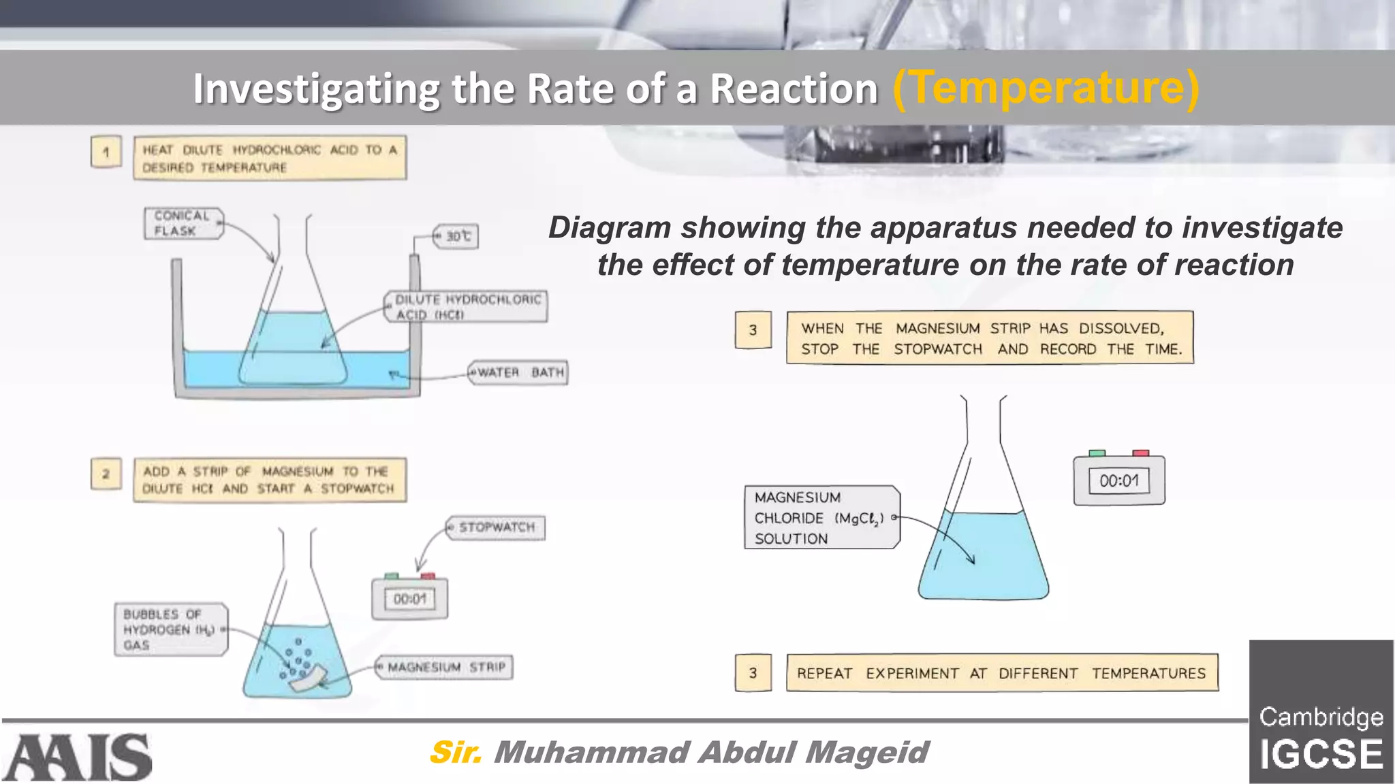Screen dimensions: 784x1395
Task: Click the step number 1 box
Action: click(x=106, y=152)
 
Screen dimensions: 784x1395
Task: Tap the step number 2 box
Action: click(x=106, y=474)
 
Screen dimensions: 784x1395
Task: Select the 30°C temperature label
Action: click(x=457, y=236)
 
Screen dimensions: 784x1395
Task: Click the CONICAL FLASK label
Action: click(x=183, y=223)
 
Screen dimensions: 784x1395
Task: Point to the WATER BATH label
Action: click(x=519, y=372)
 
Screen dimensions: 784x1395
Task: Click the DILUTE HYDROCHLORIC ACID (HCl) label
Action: click(x=467, y=306)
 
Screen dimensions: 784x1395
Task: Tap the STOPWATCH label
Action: click(x=497, y=527)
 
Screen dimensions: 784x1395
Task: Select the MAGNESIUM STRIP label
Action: click(x=445, y=667)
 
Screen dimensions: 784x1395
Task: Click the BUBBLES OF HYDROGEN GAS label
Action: click(x=170, y=630)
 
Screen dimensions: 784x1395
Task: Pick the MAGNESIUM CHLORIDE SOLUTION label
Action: click(x=821, y=517)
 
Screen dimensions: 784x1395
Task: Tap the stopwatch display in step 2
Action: click(x=409, y=599)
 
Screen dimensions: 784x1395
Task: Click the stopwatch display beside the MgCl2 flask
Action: click(x=1118, y=481)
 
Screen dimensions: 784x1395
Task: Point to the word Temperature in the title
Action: click(x=1046, y=88)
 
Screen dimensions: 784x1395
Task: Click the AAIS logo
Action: click(x=77, y=757)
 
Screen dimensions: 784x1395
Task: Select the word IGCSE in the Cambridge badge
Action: click(x=1321, y=754)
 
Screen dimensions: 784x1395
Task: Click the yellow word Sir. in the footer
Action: click(x=456, y=752)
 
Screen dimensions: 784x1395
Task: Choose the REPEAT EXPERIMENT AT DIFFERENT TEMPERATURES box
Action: click(x=1001, y=673)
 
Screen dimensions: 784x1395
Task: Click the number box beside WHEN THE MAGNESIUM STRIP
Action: click(x=753, y=330)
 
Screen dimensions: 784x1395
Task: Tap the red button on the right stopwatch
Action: click(x=1140, y=453)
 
